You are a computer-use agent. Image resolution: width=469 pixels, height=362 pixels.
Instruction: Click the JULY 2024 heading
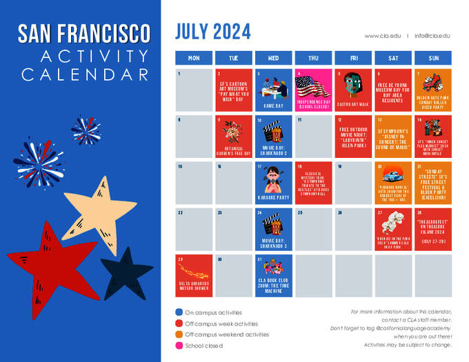tap(212, 32)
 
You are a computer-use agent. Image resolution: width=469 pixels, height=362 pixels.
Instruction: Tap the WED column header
tap(274, 58)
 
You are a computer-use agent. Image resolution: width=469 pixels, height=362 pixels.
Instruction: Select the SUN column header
tap(433, 58)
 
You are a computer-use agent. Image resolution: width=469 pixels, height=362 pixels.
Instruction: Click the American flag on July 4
tap(314, 86)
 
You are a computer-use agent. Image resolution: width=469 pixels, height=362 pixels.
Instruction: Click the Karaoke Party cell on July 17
tap(274, 182)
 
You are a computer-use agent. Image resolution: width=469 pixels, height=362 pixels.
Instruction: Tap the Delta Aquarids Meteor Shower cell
tap(194, 274)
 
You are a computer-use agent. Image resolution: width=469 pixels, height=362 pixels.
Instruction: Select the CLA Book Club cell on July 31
tap(274, 274)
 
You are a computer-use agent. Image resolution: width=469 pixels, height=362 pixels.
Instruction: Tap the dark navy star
tap(127, 272)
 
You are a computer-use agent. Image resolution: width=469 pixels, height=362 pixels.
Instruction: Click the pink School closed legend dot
tap(179, 345)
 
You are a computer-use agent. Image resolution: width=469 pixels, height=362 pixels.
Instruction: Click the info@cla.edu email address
tap(432, 35)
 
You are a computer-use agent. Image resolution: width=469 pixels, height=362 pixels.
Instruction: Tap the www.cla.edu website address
tap(382, 35)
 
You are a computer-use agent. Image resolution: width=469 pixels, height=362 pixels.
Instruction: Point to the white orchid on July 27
tap(393, 221)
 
